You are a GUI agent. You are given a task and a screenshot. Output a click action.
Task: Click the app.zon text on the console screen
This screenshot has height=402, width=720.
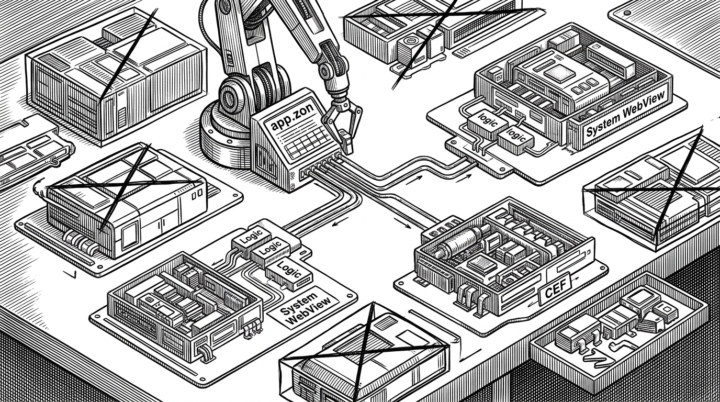288,122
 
